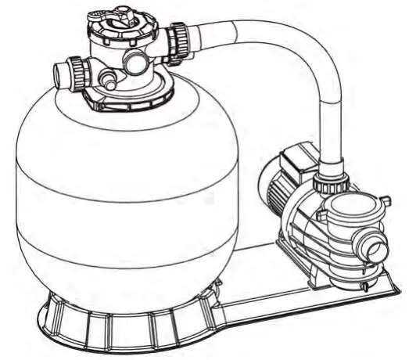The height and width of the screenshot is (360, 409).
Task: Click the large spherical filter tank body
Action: coord(117,196)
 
